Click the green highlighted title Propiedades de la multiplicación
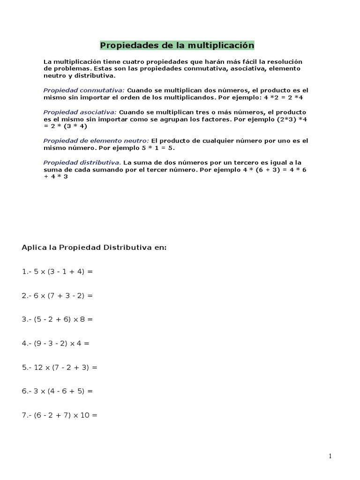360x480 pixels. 177,45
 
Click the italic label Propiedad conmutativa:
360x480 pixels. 84,90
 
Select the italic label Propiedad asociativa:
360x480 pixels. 80,112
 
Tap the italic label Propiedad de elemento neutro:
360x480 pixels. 96,141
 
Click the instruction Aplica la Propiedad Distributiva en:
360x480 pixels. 94,247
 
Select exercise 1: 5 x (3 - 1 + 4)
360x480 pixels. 58,271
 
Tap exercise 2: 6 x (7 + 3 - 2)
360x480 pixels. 58,295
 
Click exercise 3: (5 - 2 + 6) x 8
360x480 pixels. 58,319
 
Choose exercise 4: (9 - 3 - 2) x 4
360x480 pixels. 56,343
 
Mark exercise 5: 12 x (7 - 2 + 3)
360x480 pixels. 60,367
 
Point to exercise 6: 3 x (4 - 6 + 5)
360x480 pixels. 58,391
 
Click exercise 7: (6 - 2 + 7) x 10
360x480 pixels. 60,415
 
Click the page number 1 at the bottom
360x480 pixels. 330,457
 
